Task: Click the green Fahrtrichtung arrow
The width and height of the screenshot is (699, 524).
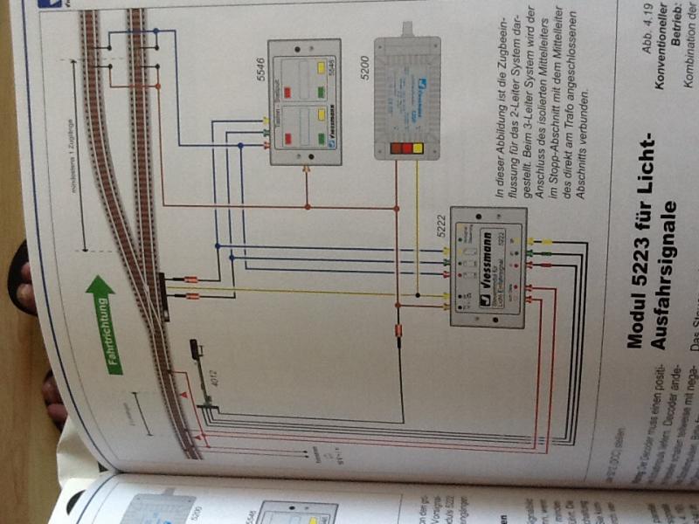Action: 103,324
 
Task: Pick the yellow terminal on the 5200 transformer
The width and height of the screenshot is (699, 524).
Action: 419,148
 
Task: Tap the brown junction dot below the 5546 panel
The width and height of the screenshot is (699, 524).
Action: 307,207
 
